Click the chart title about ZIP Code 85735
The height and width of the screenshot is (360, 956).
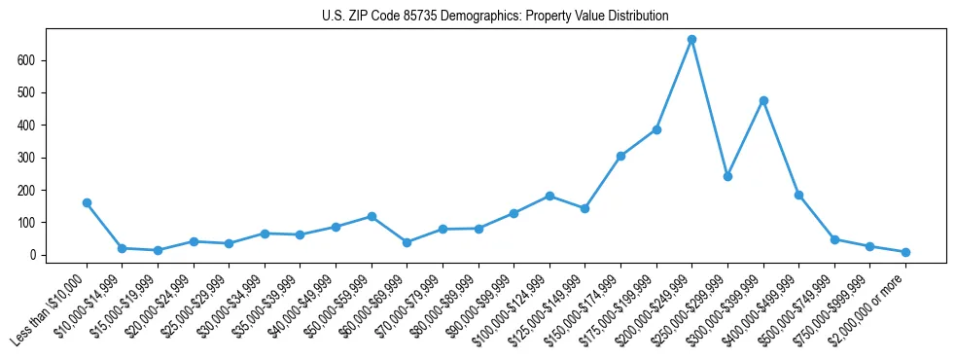[495, 17]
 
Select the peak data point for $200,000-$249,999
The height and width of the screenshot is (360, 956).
[691, 40]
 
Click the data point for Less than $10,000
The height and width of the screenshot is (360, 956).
[87, 203]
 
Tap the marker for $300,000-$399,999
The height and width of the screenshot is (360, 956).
[763, 100]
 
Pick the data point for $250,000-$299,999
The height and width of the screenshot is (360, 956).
[727, 176]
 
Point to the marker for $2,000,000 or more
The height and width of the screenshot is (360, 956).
[905, 252]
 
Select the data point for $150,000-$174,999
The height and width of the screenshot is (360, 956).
[620, 156]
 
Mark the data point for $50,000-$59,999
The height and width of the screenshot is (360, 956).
[372, 217]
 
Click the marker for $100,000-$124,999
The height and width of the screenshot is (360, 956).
[549, 196]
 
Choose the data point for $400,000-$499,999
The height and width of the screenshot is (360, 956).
[798, 195]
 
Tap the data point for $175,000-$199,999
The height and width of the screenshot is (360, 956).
[656, 129]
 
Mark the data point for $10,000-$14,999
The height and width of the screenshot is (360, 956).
[122, 248]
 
